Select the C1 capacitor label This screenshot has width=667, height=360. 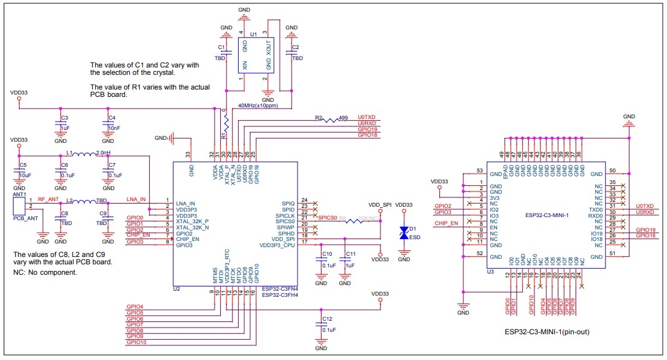coord(222,47)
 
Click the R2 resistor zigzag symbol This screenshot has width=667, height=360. coord(331,120)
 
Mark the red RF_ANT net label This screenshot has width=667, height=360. coord(49,199)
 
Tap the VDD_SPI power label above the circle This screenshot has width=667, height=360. coord(379,204)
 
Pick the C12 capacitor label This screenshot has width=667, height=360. coord(326,319)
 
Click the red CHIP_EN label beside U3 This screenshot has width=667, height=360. coord(447,223)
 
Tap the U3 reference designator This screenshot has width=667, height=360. coord(490,271)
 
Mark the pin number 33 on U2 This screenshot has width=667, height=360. coord(188,154)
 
